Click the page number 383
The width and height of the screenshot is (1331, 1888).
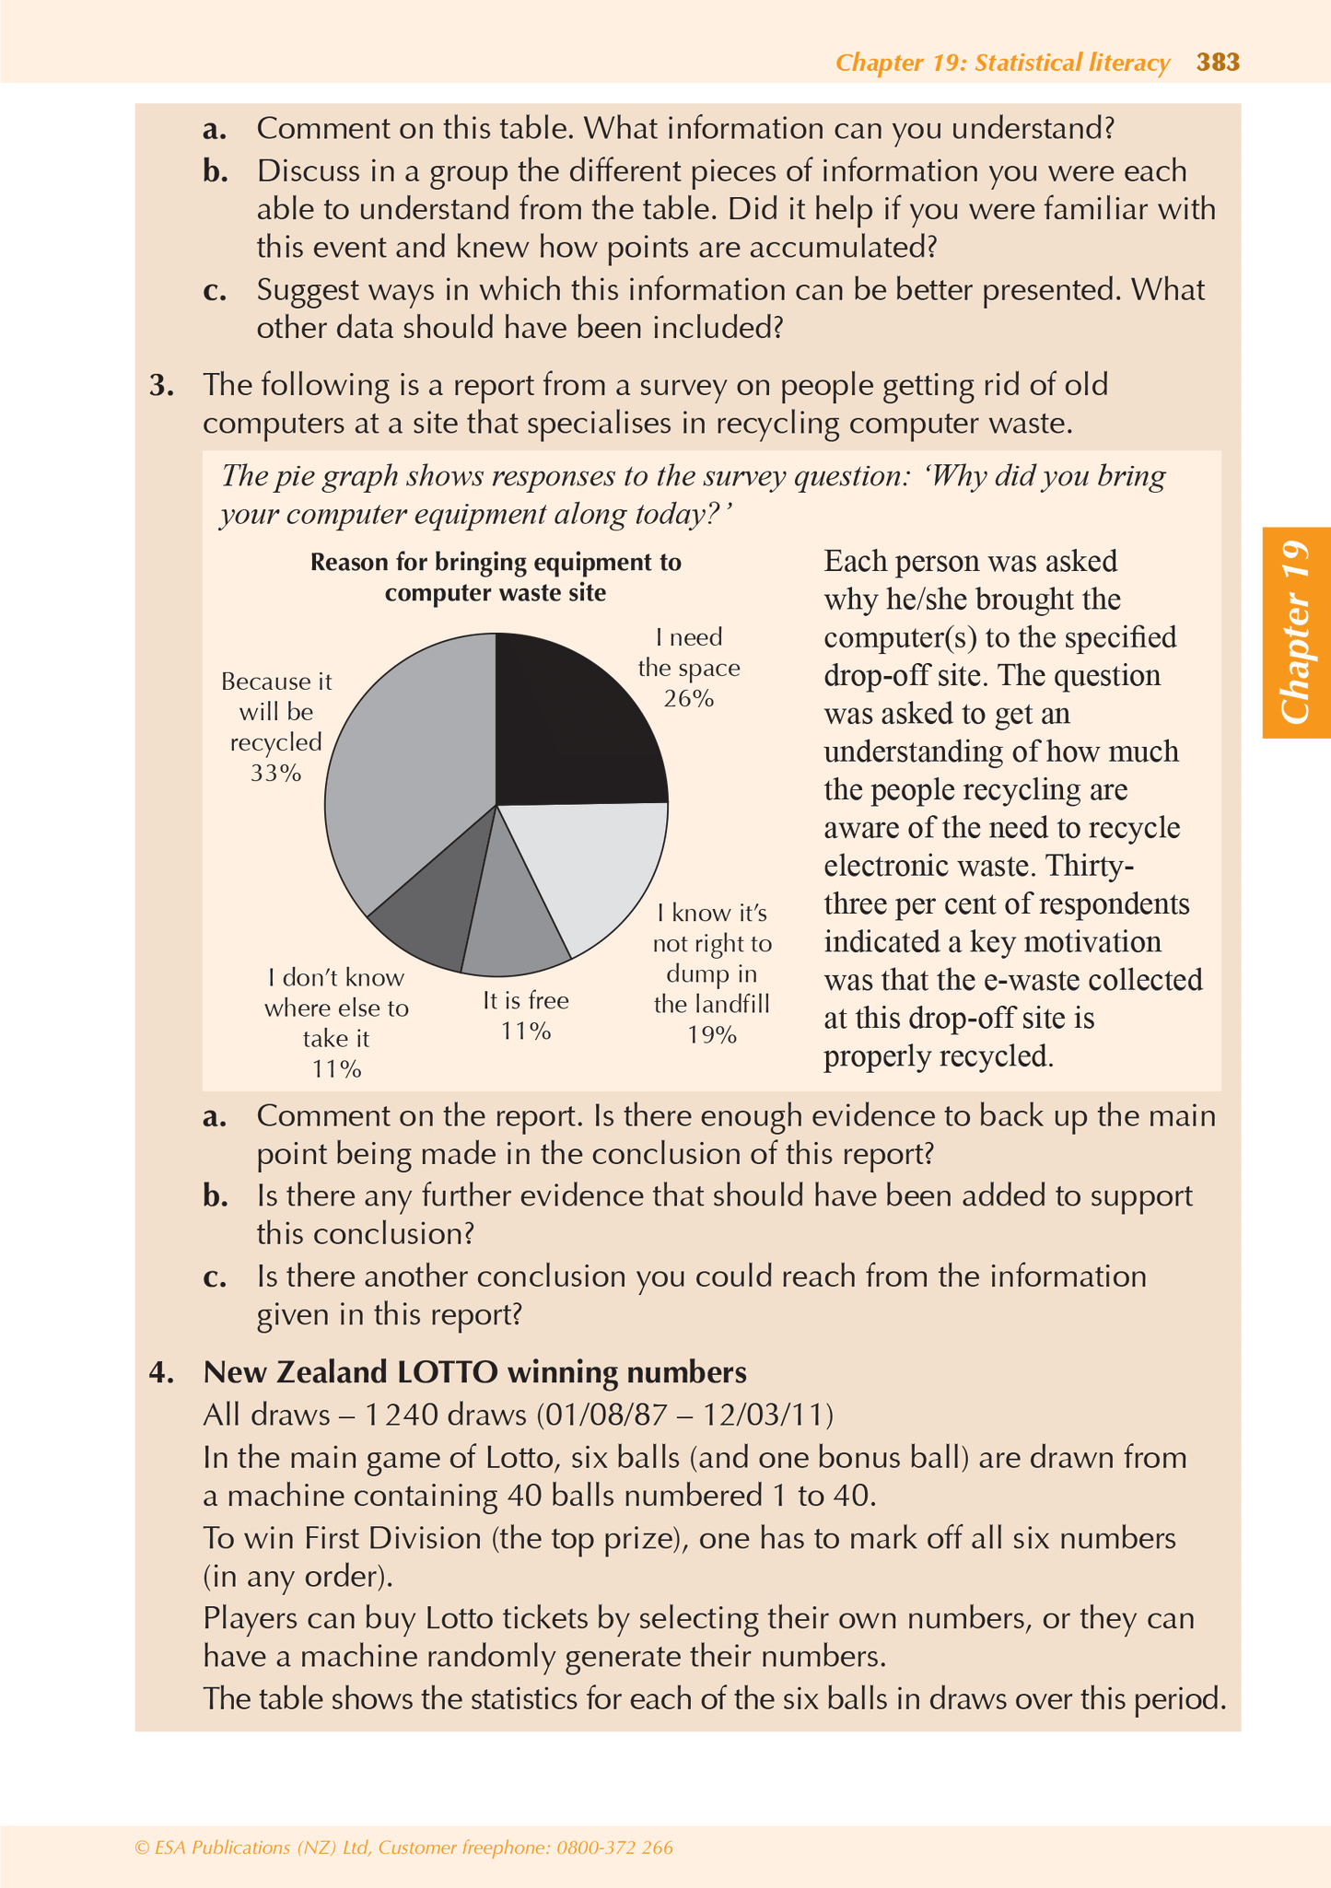1218,63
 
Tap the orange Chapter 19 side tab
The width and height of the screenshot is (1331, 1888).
1296,633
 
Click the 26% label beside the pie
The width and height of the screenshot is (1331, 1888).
689,698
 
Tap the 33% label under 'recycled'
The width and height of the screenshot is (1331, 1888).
275,773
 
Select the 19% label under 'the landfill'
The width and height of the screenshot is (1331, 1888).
712,1034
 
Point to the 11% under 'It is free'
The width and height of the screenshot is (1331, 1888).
526,1031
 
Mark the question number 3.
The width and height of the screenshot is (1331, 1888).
162,385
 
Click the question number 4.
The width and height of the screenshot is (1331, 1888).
162,1372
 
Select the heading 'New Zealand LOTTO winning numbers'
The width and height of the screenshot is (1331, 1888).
474,1372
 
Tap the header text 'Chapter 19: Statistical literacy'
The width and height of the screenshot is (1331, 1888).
1002,63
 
